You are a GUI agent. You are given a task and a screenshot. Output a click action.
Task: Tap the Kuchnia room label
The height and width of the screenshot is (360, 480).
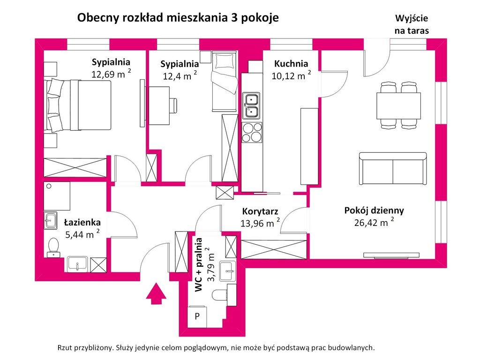point(291,64)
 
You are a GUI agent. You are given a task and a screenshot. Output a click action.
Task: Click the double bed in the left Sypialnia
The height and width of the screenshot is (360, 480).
point(78,105)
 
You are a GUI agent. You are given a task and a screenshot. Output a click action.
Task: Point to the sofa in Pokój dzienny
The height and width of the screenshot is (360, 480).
point(392,169)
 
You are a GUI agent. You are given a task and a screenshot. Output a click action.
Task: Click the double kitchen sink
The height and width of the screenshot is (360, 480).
point(251,105)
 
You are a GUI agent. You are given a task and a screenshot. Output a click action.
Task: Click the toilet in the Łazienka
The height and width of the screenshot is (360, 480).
point(53,247)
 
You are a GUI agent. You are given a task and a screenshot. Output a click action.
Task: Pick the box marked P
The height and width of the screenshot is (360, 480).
point(197,316)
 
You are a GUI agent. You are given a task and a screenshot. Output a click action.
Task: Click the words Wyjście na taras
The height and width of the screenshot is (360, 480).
point(412,25)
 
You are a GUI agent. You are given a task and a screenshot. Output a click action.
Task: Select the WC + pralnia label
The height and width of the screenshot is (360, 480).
point(199,265)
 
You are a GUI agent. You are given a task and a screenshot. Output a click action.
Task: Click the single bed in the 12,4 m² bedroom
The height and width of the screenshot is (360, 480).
point(224,82)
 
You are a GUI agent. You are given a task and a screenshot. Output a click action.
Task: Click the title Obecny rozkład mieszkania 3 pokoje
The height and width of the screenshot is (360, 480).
point(178,18)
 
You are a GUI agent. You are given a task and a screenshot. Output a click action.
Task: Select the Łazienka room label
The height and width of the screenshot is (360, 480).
point(82,222)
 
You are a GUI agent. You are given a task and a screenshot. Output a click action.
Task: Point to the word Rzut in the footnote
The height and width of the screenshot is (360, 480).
point(66,348)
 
